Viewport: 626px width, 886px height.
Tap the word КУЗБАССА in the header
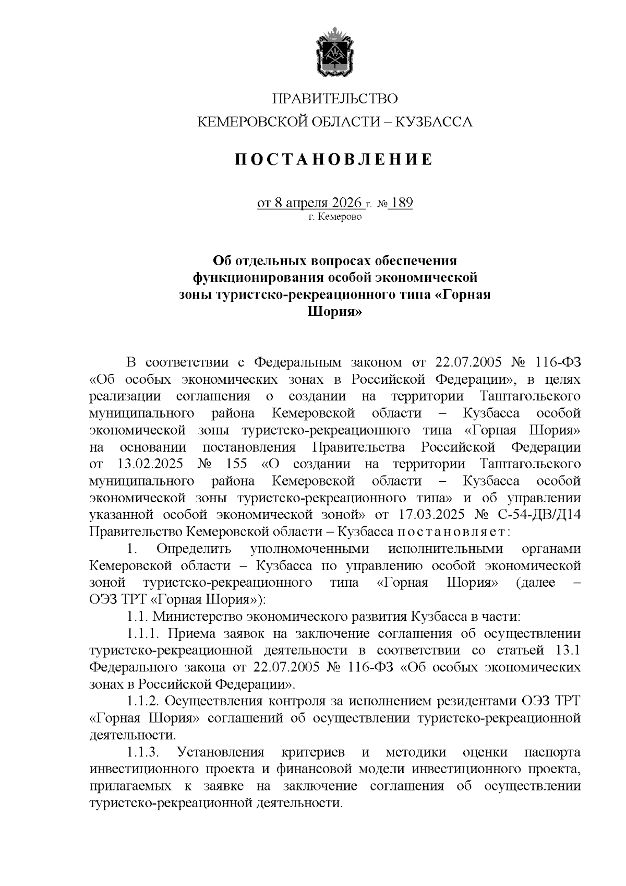434,122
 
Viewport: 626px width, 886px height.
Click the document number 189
402,203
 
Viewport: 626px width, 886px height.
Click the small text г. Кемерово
334,216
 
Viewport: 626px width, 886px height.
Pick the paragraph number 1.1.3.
142,752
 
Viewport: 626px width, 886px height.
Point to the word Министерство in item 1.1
198,617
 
